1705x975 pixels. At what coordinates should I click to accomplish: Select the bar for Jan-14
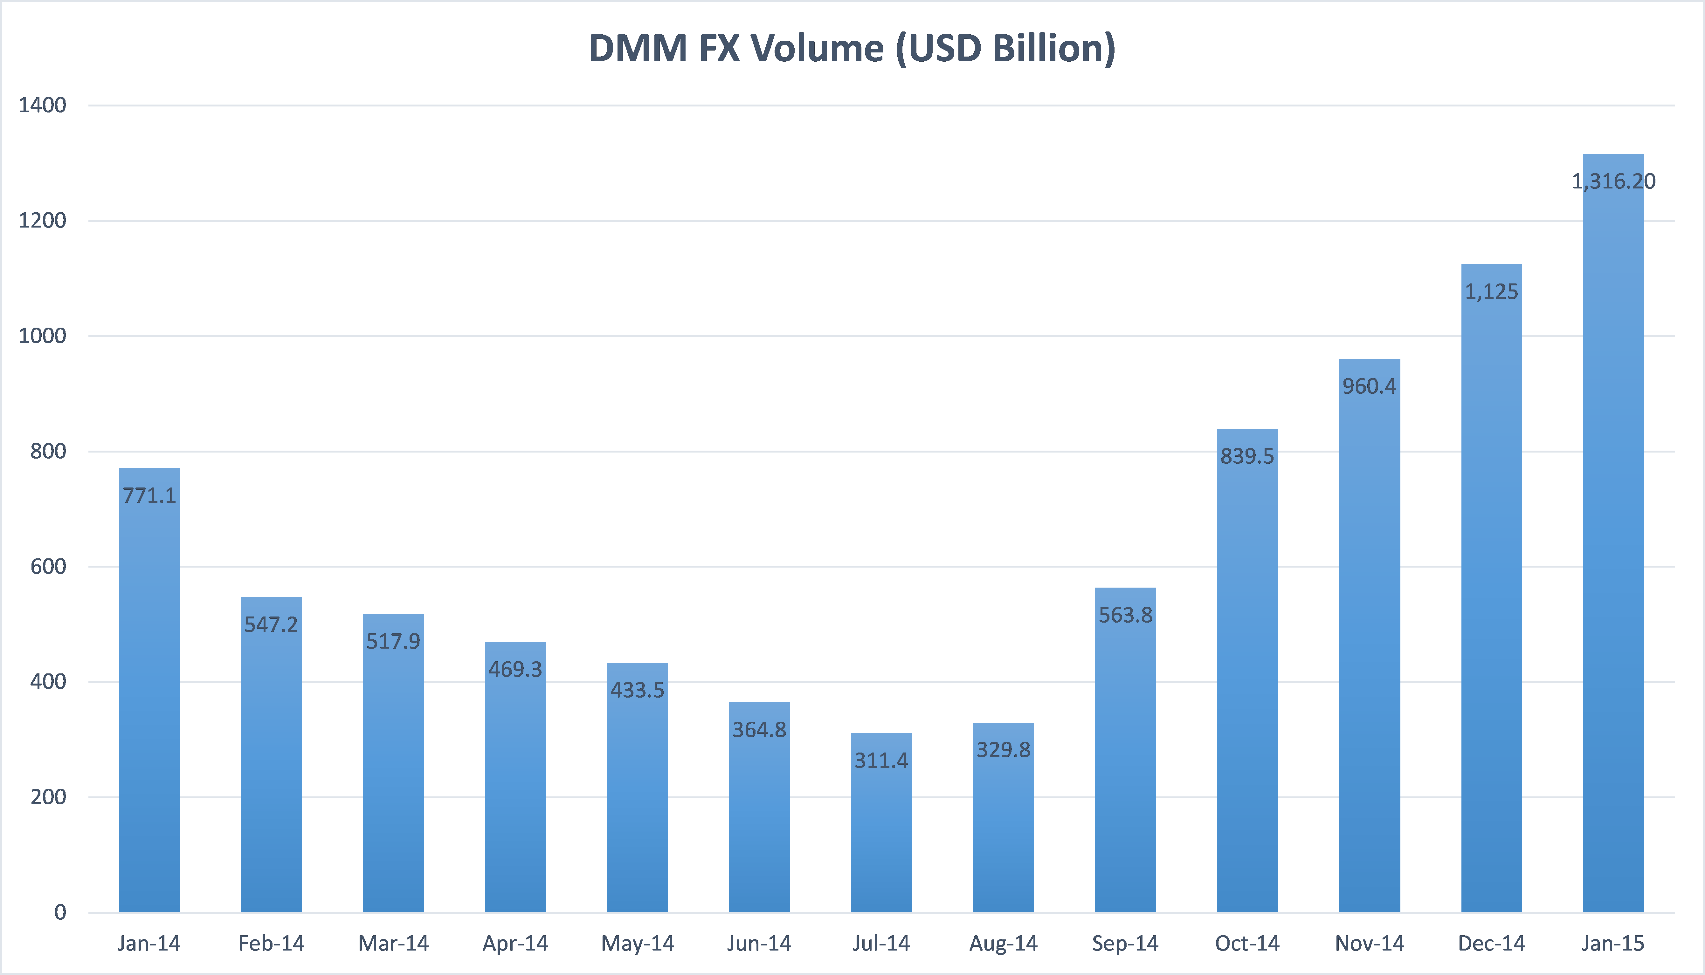[x=149, y=703]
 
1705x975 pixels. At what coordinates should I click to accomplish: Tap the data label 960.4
[x=1369, y=386]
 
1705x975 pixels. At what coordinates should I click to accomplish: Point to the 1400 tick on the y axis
[x=42, y=105]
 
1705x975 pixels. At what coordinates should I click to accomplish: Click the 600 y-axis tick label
[x=48, y=567]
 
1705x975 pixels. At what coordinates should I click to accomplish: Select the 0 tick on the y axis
[x=60, y=912]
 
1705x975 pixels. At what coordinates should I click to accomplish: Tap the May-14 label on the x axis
[x=637, y=944]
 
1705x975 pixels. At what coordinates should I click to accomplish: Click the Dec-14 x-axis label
[x=1491, y=944]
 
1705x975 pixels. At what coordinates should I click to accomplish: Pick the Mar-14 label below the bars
[x=393, y=944]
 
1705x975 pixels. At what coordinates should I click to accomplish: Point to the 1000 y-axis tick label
[x=42, y=336]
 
